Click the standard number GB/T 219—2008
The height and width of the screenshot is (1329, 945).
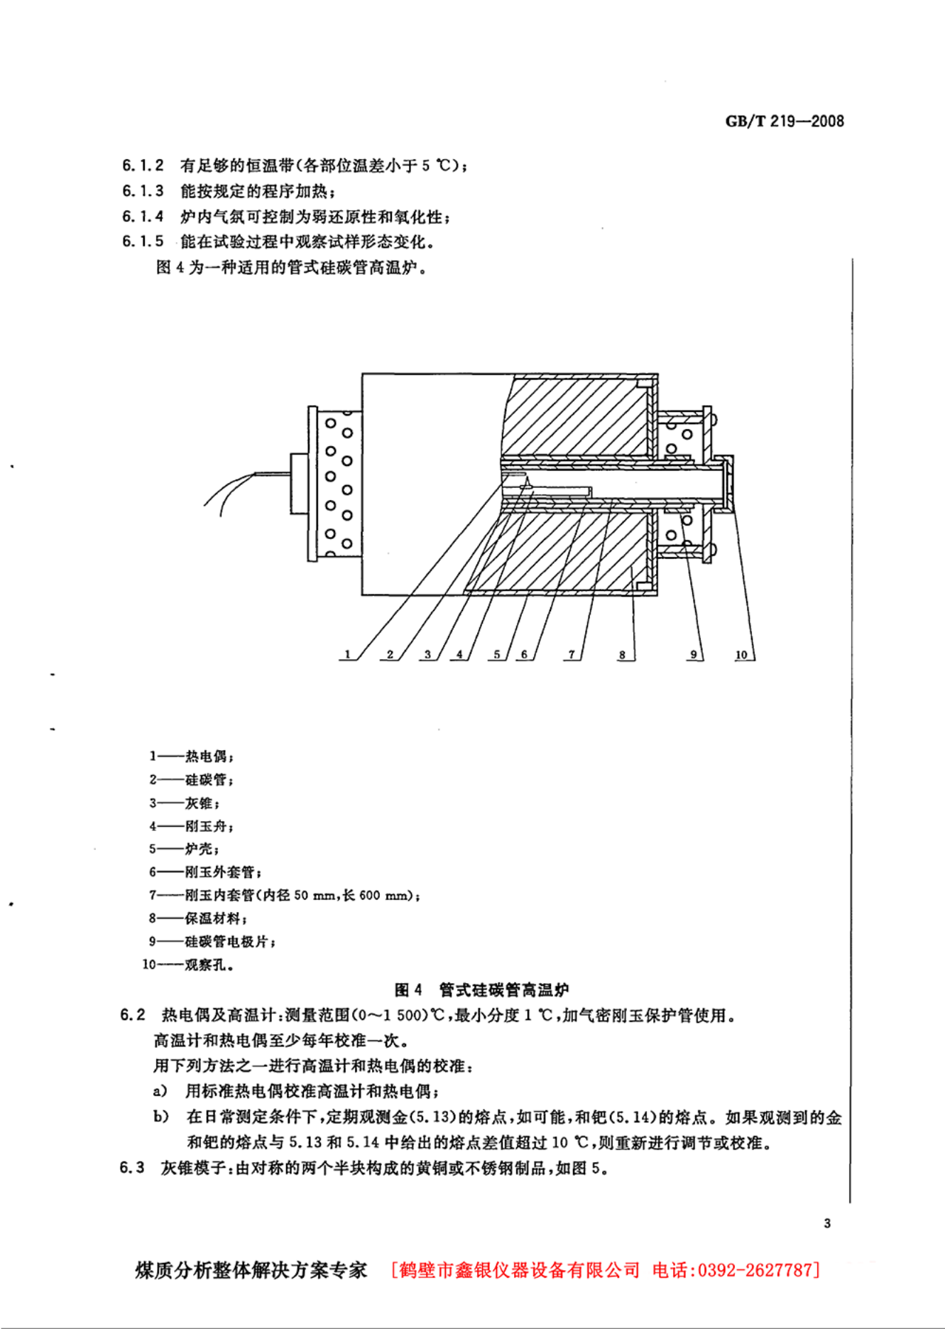tap(785, 121)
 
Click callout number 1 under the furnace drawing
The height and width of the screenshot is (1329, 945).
tap(347, 654)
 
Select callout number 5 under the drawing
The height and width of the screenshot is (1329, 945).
tap(497, 654)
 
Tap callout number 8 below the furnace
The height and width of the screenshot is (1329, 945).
tap(622, 654)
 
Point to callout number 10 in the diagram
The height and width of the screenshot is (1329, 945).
tap(741, 654)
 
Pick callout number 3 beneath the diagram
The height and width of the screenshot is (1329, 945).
tap(427, 654)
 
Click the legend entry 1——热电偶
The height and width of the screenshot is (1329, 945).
tap(191, 756)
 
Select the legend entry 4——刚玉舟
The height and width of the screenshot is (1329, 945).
tap(191, 826)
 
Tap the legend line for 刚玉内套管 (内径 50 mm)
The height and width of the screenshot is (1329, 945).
tap(284, 895)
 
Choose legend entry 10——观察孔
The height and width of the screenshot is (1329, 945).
tap(188, 965)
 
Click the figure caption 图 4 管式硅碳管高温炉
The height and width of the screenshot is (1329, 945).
tap(481, 989)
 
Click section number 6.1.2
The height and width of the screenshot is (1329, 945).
tap(143, 166)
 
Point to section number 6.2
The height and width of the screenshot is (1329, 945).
tap(133, 1015)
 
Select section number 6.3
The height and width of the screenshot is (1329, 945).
tap(132, 1168)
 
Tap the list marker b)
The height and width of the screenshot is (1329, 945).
tap(161, 1117)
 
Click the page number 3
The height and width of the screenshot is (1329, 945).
tap(827, 1223)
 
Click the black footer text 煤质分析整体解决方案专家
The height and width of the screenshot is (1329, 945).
tap(251, 1270)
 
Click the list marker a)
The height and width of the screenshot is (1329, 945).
tap(160, 1091)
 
